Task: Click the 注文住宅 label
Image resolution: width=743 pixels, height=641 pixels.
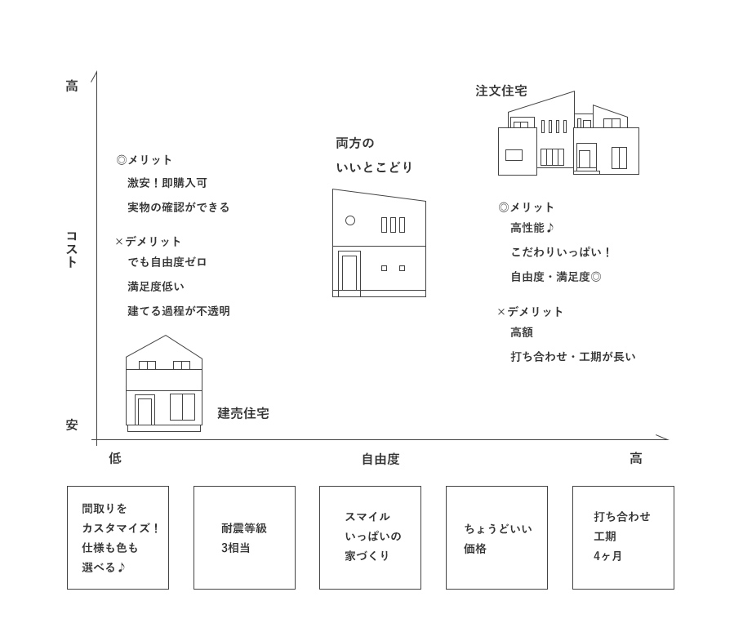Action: pyautogui.click(x=501, y=91)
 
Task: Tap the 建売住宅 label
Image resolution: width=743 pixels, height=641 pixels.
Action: pyautogui.click(x=243, y=413)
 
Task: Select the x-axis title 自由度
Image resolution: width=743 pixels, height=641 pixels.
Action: pyautogui.click(x=380, y=459)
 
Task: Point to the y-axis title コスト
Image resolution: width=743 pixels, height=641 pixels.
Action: pyautogui.click(x=72, y=249)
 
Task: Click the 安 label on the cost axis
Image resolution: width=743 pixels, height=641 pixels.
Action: pyautogui.click(x=72, y=425)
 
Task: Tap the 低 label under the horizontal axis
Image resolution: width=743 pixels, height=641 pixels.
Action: pyautogui.click(x=115, y=458)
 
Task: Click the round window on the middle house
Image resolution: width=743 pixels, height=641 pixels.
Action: pyautogui.click(x=350, y=220)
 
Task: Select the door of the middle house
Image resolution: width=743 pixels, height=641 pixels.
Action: pyautogui.click(x=349, y=272)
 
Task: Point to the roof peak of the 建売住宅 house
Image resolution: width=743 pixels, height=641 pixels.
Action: pyautogui.click(x=166, y=336)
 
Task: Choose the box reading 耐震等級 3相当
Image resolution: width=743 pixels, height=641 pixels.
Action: pyautogui.click(x=244, y=538)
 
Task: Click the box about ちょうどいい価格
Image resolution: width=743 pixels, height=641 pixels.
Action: pyautogui.click(x=496, y=538)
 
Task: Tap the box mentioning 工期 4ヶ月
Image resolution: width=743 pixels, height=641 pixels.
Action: pyautogui.click(x=623, y=538)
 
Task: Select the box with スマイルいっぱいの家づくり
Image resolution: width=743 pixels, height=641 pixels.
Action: pyautogui.click(x=370, y=538)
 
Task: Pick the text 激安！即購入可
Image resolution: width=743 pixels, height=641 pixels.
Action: pyautogui.click(x=167, y=183)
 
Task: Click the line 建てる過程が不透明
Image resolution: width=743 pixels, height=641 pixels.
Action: pyautogui.click(x=179, y=311)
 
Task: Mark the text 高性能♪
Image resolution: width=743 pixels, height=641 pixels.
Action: pyautogui.click(x=532, y=228)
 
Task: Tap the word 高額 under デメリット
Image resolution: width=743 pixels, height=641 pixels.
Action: pyautogui.click(x=522, y=332)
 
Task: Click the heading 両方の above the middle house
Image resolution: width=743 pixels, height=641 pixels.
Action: pyautogui.click(x=355, y=143)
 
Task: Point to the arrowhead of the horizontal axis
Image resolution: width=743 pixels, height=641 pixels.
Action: pyautogui.click(x=667, y=439)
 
